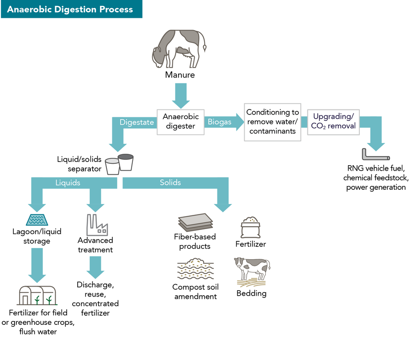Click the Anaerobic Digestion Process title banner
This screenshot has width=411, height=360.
[71, 9]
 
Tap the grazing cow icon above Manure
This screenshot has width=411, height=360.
[179, 49]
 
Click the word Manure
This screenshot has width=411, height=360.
[180, 75]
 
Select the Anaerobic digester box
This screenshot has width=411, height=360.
[180, 122]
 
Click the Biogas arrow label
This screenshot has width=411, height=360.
[220, 122]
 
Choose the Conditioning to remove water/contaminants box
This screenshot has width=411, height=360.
[273, 121]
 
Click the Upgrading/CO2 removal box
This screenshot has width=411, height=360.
[333, 121]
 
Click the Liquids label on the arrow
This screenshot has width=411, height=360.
[68, 183]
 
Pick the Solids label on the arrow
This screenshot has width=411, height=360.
[170, 183]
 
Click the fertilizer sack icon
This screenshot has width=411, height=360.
[251, 227]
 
